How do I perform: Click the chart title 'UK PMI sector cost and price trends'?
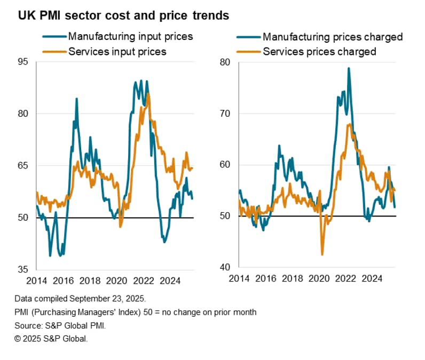(x=123, y=16)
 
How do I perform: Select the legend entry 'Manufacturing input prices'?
(x=130, y=37)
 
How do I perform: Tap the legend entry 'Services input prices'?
(x=117, y=52)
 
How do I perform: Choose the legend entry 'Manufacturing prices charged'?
(x=332, y=37)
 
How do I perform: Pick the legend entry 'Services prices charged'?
(x=319, y=52)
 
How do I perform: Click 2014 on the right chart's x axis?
(x=239, y=278)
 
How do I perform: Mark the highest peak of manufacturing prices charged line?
(x=349, y=68)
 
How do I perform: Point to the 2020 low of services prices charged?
(x=322, y=255)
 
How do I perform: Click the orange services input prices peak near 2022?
(x=148, y=94)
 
